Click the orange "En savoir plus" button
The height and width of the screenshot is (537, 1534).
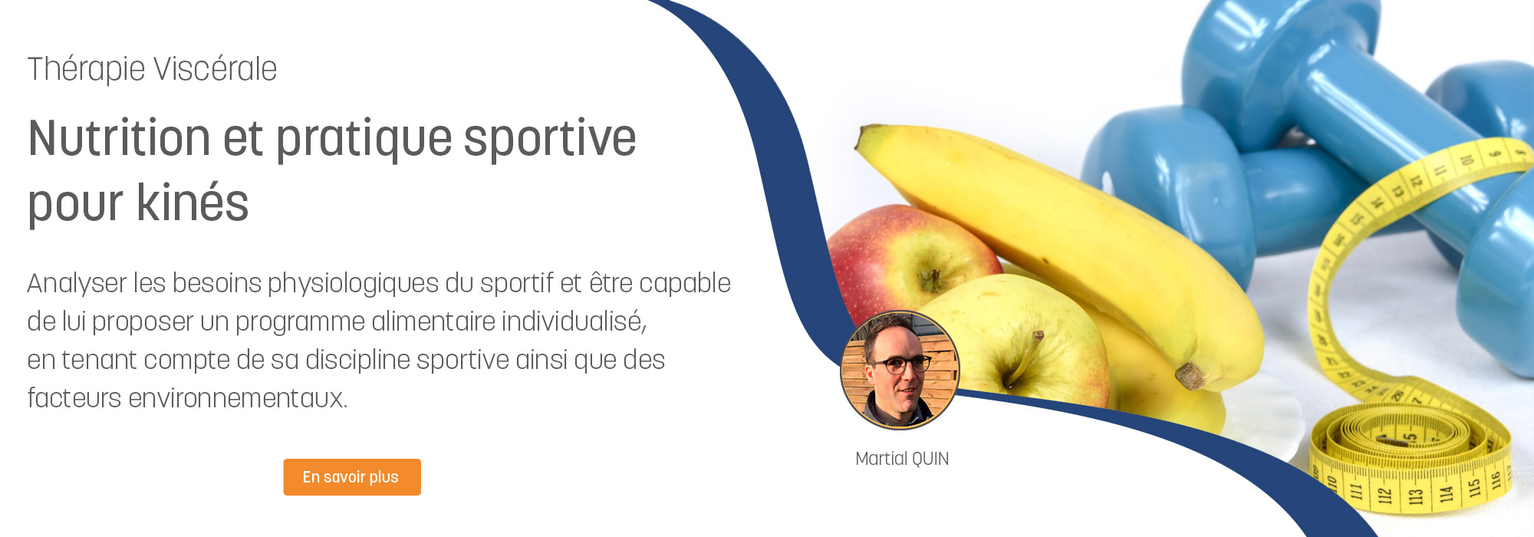(352, 477)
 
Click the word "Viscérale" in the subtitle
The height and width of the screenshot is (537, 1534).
(215, 69)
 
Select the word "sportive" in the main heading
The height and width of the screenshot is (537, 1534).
(550, 140)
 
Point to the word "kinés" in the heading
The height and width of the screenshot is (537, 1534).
(193, 203)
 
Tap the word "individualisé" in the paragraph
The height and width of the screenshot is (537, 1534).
(574, 322)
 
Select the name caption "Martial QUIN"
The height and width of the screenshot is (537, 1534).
(902, 459)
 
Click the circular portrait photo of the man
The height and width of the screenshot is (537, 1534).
(900, 370)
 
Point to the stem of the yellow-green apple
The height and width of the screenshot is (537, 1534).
(1026, 357)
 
